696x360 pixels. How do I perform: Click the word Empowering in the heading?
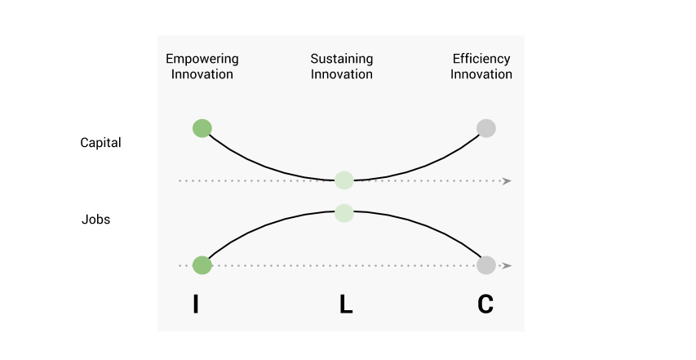202,59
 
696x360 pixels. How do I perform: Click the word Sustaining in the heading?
341,59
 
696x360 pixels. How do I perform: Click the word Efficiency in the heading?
481,59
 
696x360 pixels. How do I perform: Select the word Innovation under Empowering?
202,74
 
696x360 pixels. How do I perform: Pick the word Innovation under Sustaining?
341,74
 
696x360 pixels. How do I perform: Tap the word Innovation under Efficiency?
481,74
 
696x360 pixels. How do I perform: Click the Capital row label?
100,143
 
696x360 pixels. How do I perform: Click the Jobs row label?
95,220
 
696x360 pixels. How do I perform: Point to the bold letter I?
196,305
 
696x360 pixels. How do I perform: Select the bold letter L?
346,305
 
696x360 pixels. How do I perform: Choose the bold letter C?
485,305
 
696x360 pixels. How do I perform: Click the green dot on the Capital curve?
202,128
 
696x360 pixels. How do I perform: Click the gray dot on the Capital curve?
486,128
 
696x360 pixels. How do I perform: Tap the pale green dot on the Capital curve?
344,180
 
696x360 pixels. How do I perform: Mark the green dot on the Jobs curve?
202,265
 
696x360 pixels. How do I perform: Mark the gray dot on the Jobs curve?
486,265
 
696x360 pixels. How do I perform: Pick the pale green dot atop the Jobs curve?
344,213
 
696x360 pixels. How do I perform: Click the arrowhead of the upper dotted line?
508,180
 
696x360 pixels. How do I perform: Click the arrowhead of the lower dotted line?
508,266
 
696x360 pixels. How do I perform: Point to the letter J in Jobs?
85,220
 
